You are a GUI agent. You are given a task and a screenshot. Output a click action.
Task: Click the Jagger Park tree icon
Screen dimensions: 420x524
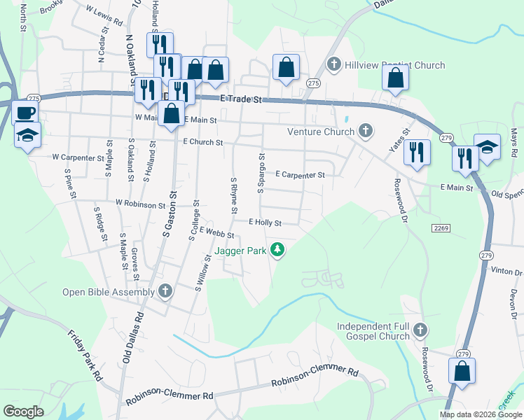(278, 250)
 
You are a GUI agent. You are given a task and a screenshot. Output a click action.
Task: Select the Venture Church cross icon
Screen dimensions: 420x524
(365, 130)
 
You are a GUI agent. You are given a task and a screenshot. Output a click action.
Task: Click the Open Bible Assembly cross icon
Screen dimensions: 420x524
(165, 291)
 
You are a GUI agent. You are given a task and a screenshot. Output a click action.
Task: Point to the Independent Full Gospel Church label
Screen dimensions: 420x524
(373, 331)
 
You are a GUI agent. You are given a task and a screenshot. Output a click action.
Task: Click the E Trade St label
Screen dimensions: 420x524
(240, 100)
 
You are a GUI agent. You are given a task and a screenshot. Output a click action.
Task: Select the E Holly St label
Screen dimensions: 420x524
(264, 223)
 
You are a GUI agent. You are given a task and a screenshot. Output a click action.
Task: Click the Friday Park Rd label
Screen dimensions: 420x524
(85, 356)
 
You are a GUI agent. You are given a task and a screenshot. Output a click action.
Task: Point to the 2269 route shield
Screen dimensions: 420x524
(441, 228)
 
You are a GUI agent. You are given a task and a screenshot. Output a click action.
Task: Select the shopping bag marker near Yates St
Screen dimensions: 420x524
(395, 80)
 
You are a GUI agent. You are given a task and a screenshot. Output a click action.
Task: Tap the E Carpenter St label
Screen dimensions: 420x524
(300, 174)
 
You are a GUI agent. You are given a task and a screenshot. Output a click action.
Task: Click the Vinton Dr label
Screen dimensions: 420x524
(507, 271)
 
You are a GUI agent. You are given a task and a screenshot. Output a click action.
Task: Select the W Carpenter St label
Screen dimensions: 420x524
(78, 157)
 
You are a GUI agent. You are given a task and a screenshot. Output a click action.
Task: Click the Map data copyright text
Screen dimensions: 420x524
(480, 414)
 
